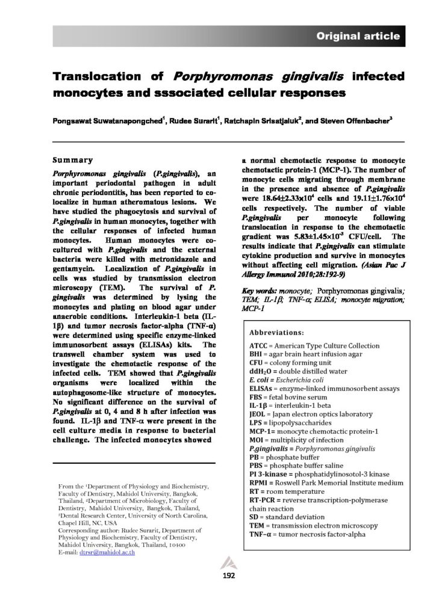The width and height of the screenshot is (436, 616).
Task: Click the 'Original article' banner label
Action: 358,37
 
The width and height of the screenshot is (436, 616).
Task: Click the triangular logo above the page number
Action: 222,562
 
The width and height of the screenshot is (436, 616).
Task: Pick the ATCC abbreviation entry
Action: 259,348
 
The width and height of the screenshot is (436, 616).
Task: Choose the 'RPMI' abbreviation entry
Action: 260,482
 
